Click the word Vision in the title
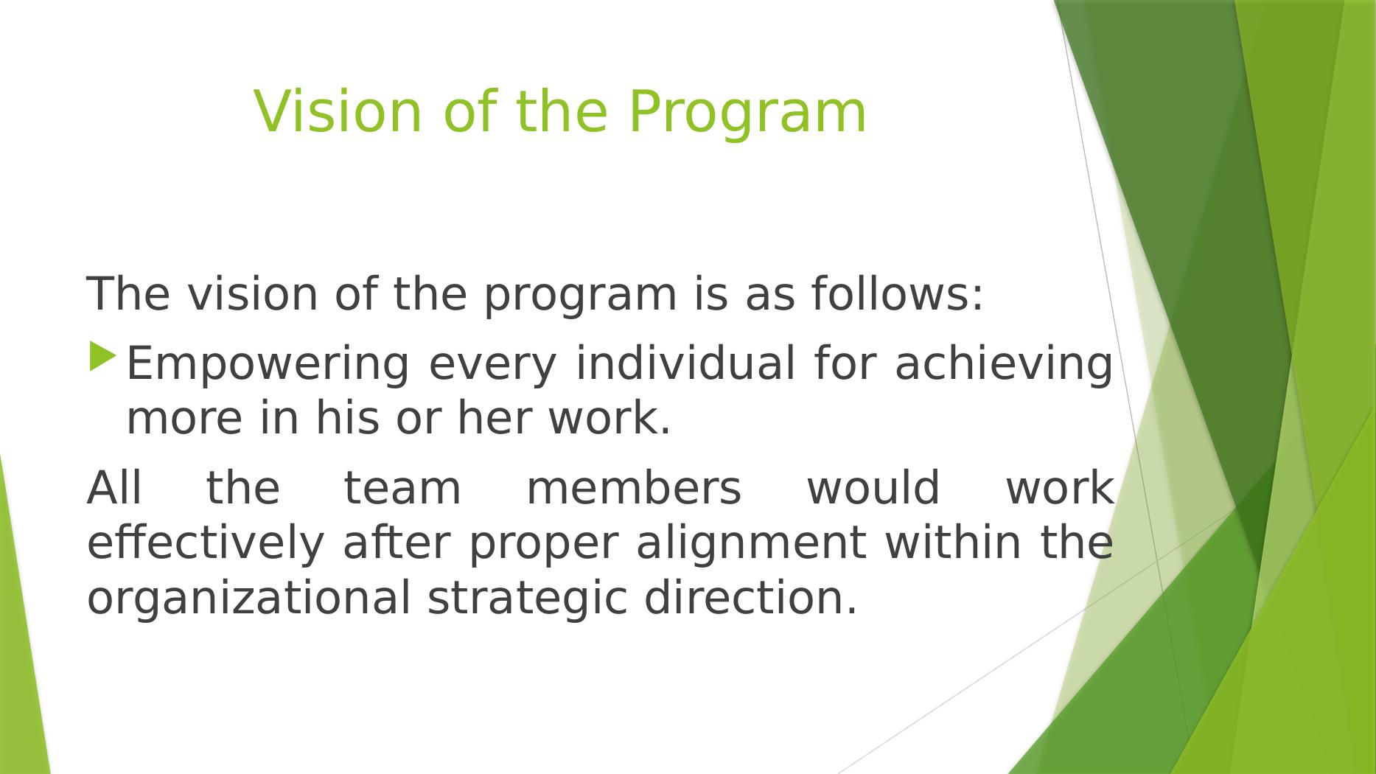click(x=338, y=111)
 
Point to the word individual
click(x=685, y=363)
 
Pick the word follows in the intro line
click(x=898, y=293)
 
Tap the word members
click(x=634, y=488)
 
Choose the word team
click(x=402, y=489)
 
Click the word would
click(x=873, y=488)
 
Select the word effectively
click(x=206, y=545)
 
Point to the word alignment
click(x=750, y=545)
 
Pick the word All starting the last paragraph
click(x=114, y=488)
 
